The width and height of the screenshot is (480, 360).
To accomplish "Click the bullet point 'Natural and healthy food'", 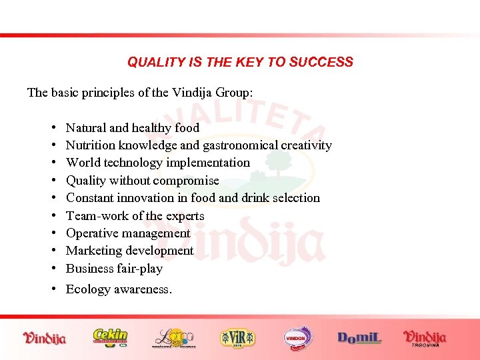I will click(x=132, y=127).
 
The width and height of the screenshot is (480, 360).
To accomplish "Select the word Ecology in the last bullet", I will click(x=87, y=289).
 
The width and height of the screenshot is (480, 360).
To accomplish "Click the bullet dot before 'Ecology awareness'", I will click(x=52, y=289).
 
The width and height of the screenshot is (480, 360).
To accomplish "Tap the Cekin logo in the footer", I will click(x=111, y=337).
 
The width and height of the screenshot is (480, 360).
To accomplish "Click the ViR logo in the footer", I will click(x=237, y=337).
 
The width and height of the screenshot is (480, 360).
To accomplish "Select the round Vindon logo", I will click(x=298, y=337).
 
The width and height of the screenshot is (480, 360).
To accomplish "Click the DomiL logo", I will click(x=360, y=338).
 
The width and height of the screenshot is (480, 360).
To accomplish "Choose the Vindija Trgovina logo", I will click(x=425, y=337).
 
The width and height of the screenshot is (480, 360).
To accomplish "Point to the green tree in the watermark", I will click(x=279, y=161).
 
